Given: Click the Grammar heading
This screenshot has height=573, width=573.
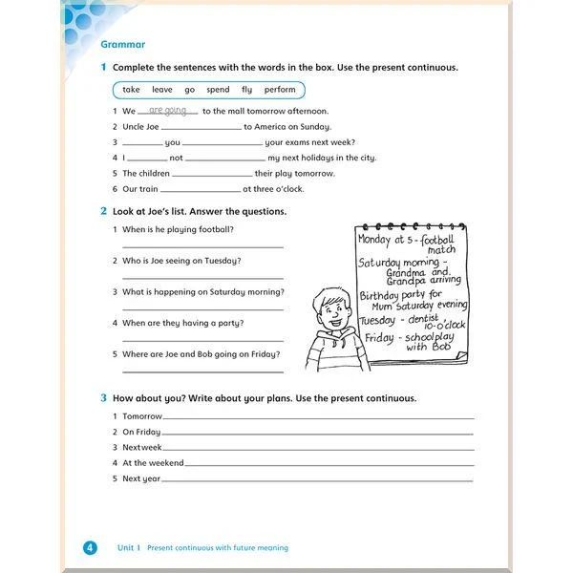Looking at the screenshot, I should coord(122,45).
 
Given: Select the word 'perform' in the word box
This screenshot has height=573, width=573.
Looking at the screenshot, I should coord(280,90).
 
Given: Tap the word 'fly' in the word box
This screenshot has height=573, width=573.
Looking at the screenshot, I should coord(246,90).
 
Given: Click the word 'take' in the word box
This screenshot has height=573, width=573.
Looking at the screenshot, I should coord(131,90).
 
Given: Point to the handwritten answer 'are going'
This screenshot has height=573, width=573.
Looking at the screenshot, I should coord(168,110).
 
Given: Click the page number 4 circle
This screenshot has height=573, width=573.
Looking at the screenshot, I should coord(90,547).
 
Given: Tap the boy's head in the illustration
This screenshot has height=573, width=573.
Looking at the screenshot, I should coord(333,307).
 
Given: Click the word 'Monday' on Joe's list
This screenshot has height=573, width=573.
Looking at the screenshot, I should coord(373,240).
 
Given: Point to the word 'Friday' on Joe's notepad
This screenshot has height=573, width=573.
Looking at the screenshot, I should coord(379,337).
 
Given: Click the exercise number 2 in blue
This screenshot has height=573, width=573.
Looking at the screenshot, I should coord(103,211).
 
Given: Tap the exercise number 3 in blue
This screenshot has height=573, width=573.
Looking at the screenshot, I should coord(103,398).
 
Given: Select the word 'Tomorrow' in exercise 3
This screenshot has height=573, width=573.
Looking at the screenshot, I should coord(142,416).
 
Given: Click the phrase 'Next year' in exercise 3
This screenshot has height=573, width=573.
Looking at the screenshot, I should coord(141,478).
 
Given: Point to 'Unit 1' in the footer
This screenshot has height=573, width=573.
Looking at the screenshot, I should coord(129,547).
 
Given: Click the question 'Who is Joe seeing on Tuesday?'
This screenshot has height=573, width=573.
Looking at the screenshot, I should coord(181,261).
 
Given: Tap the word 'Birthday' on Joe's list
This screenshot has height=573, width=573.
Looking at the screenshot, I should coord(379,295).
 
